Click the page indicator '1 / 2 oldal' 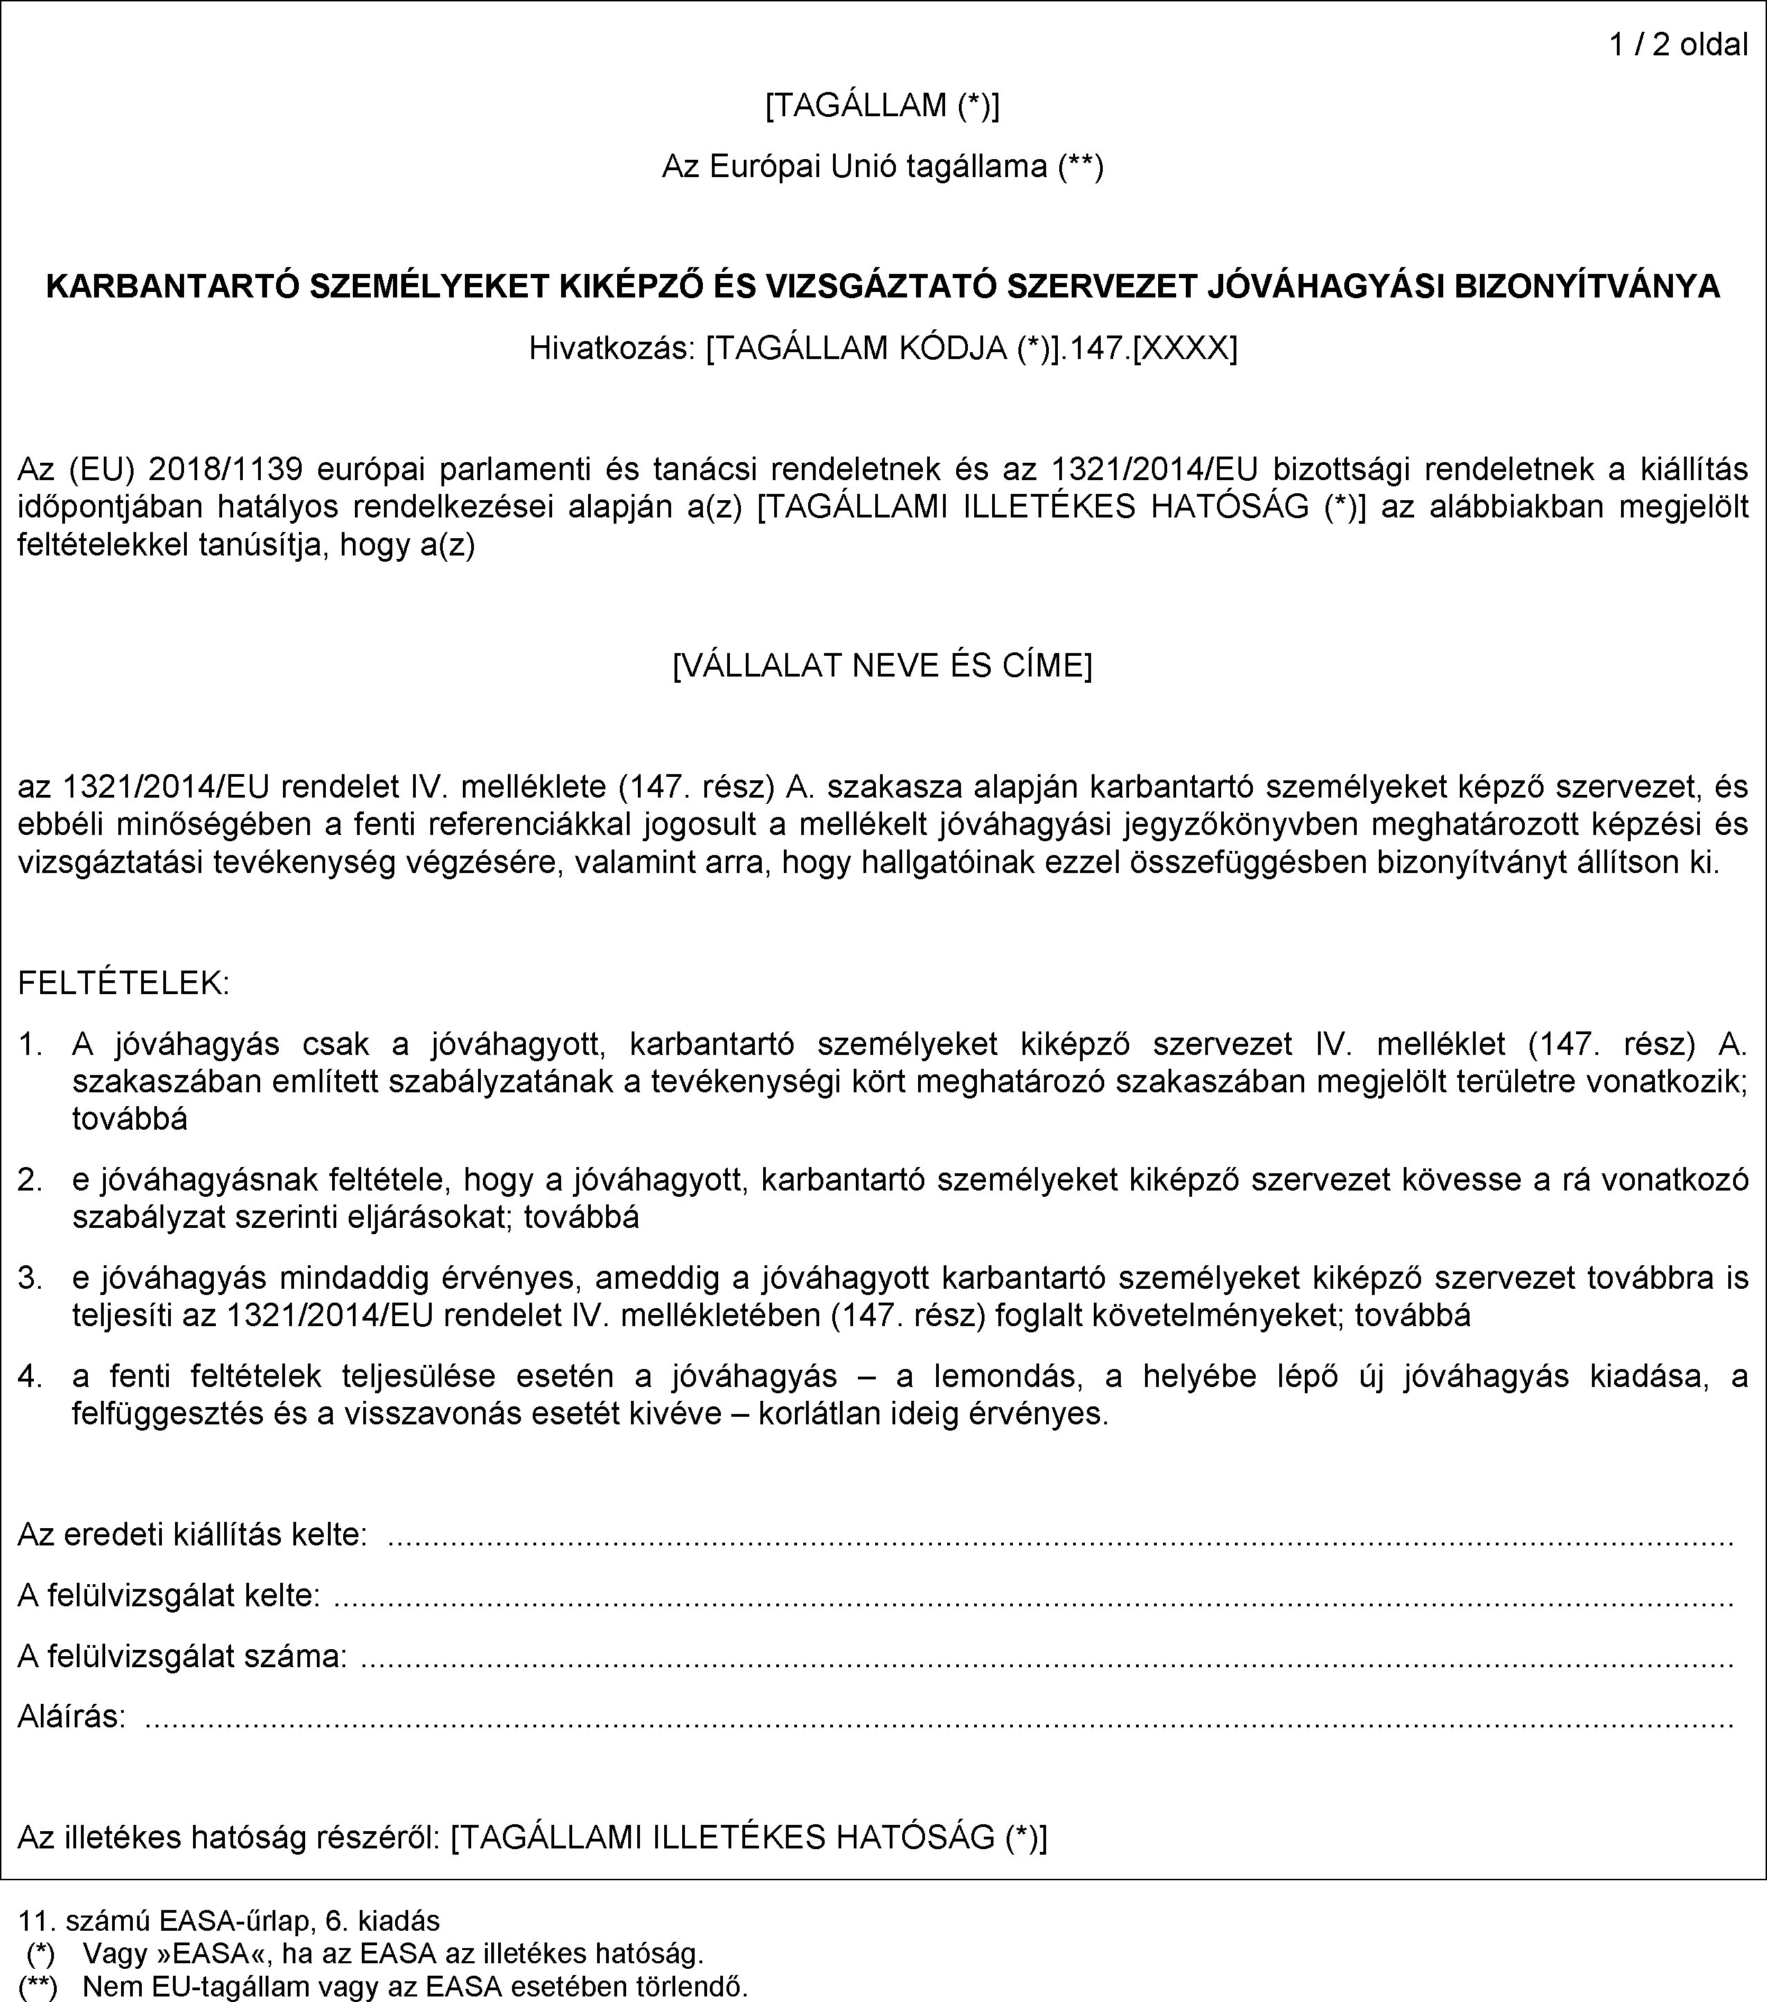pyautogui.click(x=1679, y=45)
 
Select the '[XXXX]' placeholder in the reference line pyautogui.click(x=1184, y=349)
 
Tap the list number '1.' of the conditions pyautogui.click(x=31, y=1045)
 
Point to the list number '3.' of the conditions pyautogui.click(x=31, y=1278)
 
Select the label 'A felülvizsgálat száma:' pyautogui.click(x=182, y=1656)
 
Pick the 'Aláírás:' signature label pyautogui.click(x=71, y=1716)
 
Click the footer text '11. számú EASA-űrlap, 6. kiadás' pyautogui.click(x=229, y=1920)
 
